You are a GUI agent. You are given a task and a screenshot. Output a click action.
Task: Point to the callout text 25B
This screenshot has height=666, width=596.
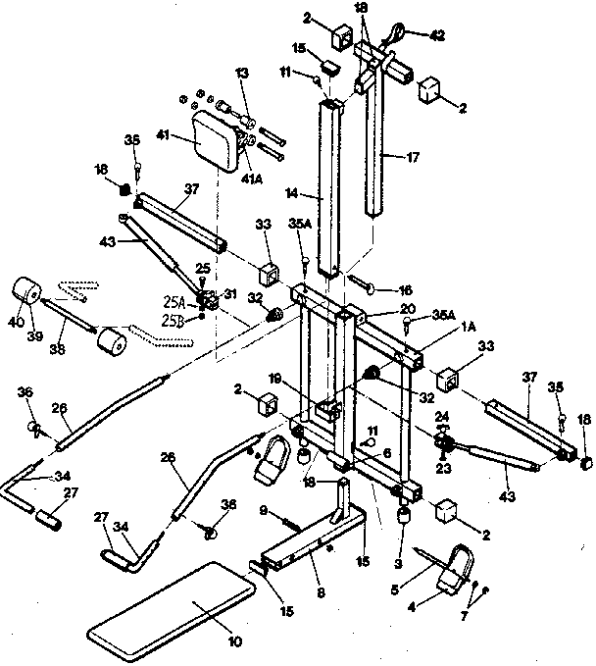pos(174,321)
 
